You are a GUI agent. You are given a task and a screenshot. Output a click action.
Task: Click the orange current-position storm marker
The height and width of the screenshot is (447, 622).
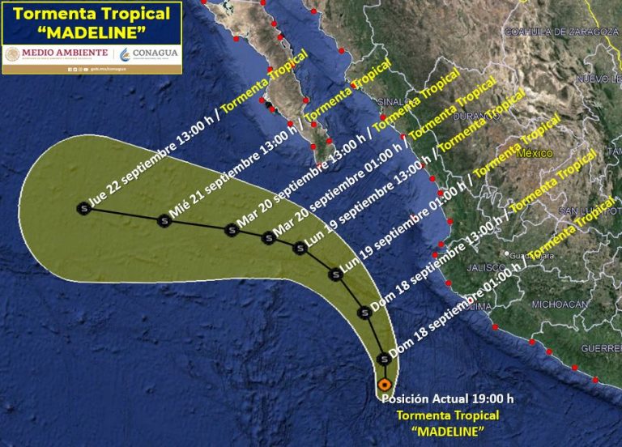click(384, 385)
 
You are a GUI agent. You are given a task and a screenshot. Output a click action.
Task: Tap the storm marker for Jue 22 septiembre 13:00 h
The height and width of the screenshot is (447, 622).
click(83, 208)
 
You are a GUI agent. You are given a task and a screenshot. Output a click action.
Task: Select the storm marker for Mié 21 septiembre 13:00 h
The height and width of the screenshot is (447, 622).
click(164, 219)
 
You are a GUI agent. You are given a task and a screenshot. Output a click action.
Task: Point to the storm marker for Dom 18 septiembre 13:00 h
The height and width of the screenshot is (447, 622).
click(364, 313)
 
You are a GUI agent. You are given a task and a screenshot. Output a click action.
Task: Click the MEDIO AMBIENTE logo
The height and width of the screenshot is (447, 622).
click(57, 53)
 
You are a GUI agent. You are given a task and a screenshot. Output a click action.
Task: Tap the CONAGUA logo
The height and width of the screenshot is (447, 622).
click(148, 53)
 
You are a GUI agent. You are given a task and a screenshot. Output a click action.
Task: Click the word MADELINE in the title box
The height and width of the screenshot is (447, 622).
click(92, 32)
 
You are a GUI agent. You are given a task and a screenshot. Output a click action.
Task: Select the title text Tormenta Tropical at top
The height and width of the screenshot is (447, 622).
click(92, 14)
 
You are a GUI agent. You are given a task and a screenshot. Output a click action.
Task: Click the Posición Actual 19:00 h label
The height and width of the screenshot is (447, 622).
click(447, 398)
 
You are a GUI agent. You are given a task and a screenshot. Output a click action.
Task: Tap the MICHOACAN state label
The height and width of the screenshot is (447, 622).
click(559, 304)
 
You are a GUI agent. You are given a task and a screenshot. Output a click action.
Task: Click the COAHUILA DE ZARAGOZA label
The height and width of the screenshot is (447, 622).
click(555, 32)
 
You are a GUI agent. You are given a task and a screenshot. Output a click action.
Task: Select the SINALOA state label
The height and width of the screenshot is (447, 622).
click(395, 103)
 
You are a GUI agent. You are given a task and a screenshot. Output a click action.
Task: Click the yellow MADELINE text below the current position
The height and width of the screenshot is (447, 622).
click(446, 429)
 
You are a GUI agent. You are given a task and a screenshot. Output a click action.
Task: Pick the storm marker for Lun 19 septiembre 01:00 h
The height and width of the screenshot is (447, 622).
click(337, 275)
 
